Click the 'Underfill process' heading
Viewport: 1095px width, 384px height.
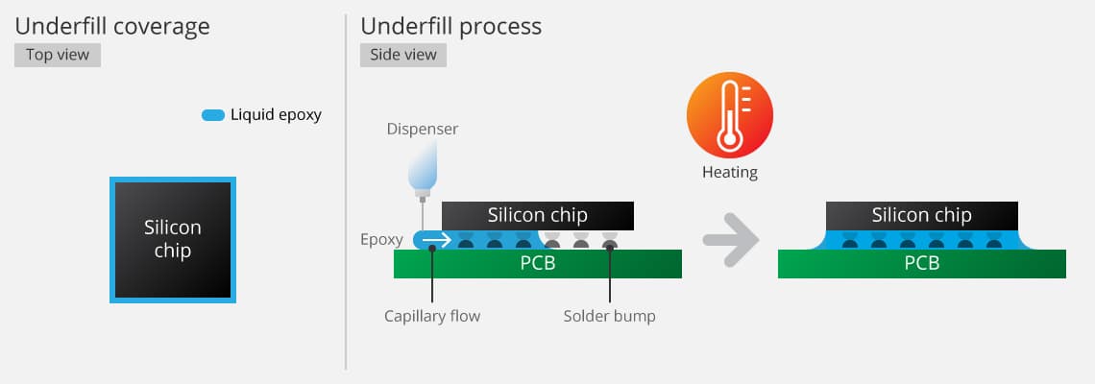450,26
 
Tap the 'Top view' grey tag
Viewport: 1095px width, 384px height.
58,55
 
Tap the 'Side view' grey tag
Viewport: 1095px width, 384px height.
402,55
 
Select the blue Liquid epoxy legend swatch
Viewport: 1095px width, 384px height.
212,115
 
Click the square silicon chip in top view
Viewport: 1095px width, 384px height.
173,240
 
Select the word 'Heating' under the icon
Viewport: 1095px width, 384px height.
729,173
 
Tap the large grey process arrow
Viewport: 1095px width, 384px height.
730,240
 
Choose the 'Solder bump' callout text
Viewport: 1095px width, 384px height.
609,316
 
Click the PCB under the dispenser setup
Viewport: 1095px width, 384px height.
538,263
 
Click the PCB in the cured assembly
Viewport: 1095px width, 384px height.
922,263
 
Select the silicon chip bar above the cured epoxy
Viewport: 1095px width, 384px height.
922,215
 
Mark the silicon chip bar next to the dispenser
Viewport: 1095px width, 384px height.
538,215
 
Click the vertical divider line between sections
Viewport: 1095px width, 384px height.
346,192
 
